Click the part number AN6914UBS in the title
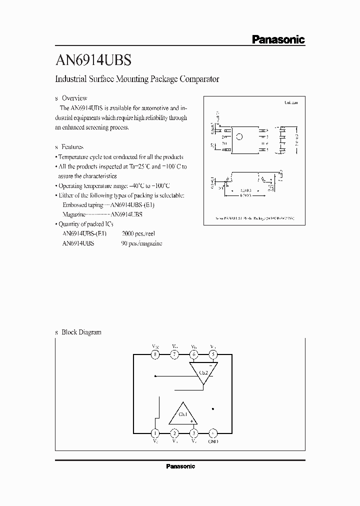click(x=93, y=61)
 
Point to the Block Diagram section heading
click(x=81, y=332)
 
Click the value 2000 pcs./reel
click(x=138, y=233)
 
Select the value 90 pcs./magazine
click(x=141, y=243)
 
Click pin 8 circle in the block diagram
click(x=155, y=354)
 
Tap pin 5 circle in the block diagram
click(x=213, y=354)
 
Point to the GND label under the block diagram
click(x=213, y=442)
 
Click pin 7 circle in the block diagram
click(x=174, y=354)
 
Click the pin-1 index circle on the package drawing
click(x=239, y=136)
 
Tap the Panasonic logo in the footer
click(x=180, y=466)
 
